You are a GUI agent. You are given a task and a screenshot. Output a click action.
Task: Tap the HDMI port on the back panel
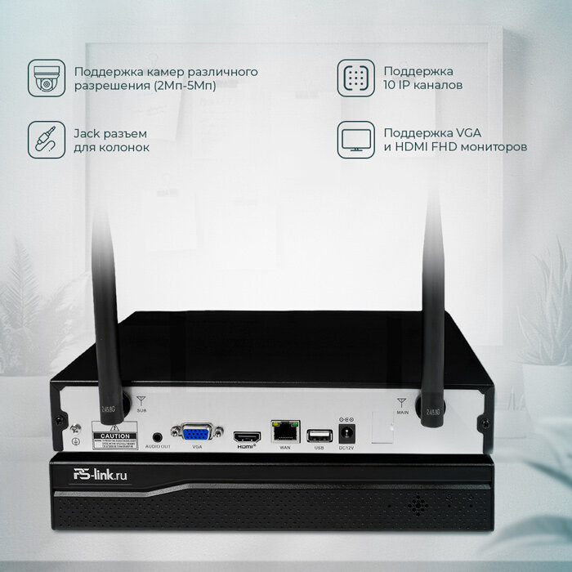coord(245,435)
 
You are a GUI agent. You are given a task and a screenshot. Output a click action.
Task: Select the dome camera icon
coord(47,78)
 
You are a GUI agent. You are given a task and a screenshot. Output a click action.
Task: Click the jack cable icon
coord(47,140)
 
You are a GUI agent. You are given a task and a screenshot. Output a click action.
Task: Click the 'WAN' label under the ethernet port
coord(285,448)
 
